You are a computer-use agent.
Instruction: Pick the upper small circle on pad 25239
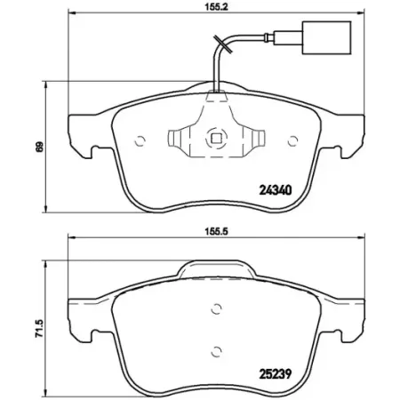(214, 309)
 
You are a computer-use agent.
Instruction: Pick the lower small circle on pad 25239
(214, 348)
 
